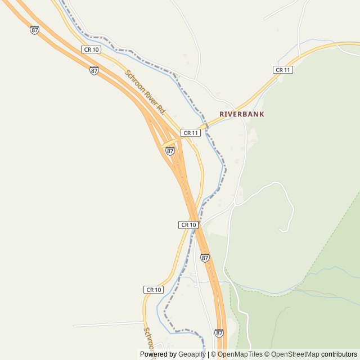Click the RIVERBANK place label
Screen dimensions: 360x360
click(x=241, y=114)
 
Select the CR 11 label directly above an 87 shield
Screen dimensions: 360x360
click(x=191, y=133)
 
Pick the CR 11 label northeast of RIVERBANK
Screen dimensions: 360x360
click(x=283, y=70)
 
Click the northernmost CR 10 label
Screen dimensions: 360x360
click(x=91, y=50)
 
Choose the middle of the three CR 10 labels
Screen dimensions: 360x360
click(x=188, y=224)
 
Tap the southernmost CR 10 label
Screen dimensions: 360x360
click(x=154, y=290)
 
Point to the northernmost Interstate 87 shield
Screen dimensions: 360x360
click(x=34, y=30)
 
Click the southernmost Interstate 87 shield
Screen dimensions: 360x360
click(x=219, y=333)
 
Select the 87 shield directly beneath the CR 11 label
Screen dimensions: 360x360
click(x=170, y=151)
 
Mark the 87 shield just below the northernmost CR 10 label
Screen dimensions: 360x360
click(x=94, y=70)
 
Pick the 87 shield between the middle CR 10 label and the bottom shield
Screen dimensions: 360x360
click(x=205, y=258)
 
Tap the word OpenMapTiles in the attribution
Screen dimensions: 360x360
click(x=240, y=354)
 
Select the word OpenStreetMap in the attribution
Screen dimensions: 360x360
click(x=295, y=354)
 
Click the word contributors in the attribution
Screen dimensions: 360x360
click(x=339, y=354)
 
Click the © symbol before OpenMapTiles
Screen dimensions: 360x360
click(x=213, y=354)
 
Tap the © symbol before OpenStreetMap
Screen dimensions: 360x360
click(x=267, y=354)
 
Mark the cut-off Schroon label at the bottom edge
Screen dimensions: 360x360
click(x=148, y=337)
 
